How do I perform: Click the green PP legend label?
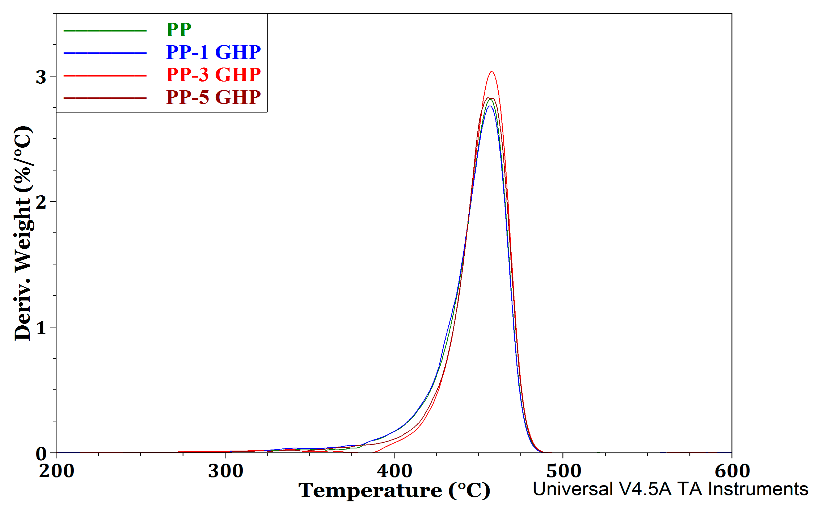pyautogui.click(x=179, y=30)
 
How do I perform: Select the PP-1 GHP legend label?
pyautogui.click(x=214, y=52)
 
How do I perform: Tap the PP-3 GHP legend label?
pyautogui.click(x=214, y=75)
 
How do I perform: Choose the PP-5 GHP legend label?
pyautogui.click(x=214, y=97)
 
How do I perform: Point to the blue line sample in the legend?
pyautogui.click(x=105, y=53)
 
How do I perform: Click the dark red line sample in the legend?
pyautogui.click(x=105, y=98)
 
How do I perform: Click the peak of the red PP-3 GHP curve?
pyautogui.click(x=491, y=72)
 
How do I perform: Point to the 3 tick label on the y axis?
pyautogui.click(x=41, y=77)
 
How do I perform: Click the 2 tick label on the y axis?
pyautogui.click(x=41, y=203)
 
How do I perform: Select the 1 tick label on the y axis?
pyautogui.click(x=41, y=328)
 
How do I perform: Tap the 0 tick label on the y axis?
pyautogui.click(x=41, y=454)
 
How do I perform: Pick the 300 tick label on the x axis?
pyautogui.click(x=226, y=471)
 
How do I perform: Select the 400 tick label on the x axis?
pyautogui.click(x=394, y=471)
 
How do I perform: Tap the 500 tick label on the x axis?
pyautogui.click(x=563, y=471)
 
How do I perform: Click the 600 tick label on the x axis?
pyautogui.click(x=732, y=471)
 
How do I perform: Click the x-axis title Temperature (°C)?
pyautogui.click(x=394, y=491)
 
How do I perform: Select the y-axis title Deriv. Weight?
pyautogui.click(x=23, y=234)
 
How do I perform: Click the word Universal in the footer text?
pyautogui.click(x=573, y=489)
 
